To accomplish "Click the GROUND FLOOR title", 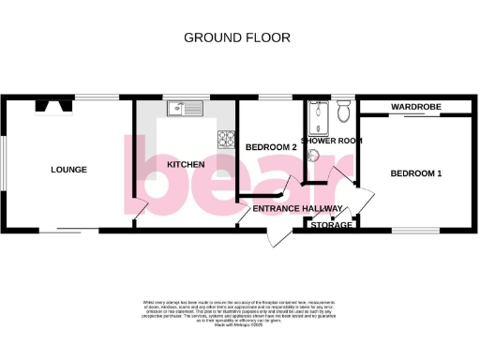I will click(x=236, y=37).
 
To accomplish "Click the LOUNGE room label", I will click(x=68, y=170).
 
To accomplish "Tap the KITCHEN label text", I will click(x=186, y=165).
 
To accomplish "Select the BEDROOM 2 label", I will click(x=271, y=147).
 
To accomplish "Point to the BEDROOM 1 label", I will click(x=417, y=173).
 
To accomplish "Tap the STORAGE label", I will click(x=332, y=225).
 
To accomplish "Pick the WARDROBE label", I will click(x=415, y=107).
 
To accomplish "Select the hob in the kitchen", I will click(x=226, y=140).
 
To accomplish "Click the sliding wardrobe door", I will click(x=415, y=116).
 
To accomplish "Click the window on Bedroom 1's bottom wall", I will click(x=410, y=229).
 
